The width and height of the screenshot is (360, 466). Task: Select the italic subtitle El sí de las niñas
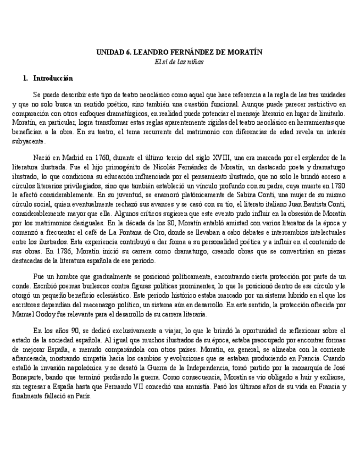coord(180,61)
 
